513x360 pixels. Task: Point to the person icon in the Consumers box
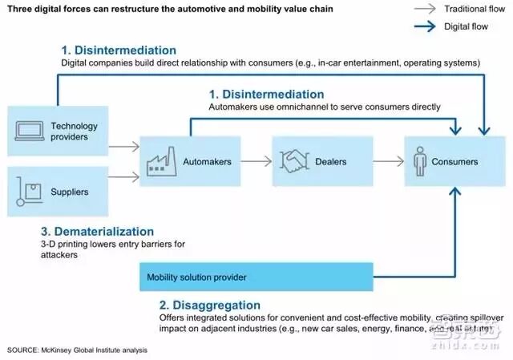[x=422, y=161]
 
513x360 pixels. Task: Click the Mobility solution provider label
[x=196, y=277]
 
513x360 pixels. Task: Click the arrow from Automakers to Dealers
[x=256, y=161]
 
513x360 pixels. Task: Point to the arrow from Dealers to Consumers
[x=386, y=161]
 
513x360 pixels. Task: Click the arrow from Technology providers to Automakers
[x=123, y=147]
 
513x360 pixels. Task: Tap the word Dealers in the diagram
[x=330, y=162]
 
